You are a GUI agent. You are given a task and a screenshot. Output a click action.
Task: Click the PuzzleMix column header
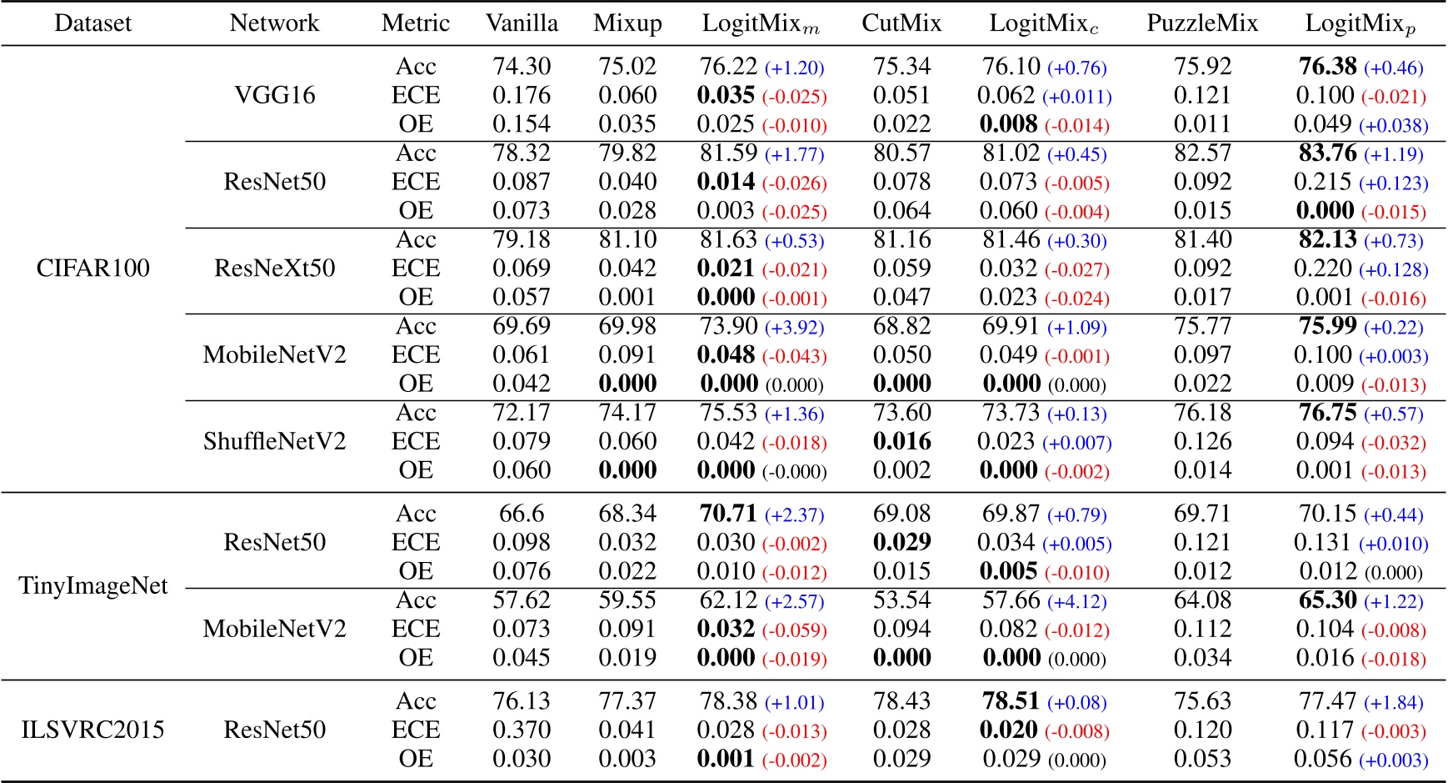(x=1201, y=23)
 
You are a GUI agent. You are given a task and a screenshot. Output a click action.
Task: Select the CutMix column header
(x=901, y=23)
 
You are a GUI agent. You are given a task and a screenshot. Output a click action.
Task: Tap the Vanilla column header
(x=522, y=23)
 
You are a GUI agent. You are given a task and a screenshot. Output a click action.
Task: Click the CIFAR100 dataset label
(x=93, y=269)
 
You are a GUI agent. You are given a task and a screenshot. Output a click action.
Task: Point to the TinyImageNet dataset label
(x=93, y=585)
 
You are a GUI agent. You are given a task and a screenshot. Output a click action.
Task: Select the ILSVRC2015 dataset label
(x=93, y=730)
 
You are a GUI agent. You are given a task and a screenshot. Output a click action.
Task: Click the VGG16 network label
(x=275, y=95)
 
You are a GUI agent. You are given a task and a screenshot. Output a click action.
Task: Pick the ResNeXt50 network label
(x=275, y=269)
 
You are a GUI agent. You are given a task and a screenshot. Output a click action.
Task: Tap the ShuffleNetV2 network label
(x=275, y=441)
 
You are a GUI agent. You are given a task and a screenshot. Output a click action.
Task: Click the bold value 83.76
(x=1327, y=153)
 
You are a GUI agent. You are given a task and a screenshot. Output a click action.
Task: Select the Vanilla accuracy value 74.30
(x=522, y=67)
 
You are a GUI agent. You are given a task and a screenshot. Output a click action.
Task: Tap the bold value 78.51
(x=1010, y=701)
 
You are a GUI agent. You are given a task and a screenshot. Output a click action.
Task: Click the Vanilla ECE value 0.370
(x=522, y=730)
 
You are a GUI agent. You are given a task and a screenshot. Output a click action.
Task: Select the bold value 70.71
(x=727, y=514)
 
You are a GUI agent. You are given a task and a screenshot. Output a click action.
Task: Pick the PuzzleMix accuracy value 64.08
(x=1201, y=601)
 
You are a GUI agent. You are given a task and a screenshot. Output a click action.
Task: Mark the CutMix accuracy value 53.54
(x=901, y=601)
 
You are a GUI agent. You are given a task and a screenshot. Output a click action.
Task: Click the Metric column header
(x=415, y=23)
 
